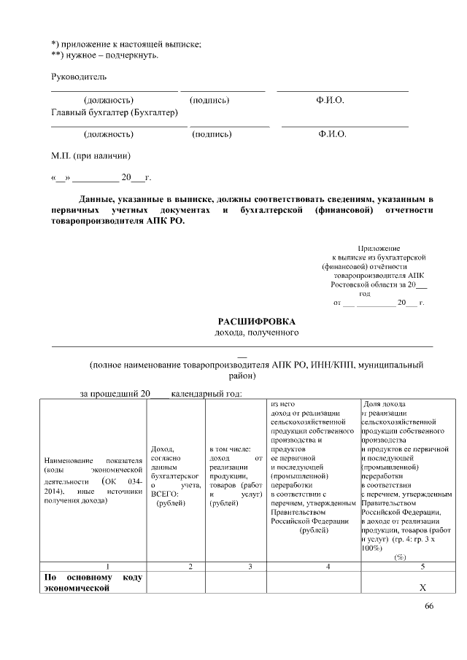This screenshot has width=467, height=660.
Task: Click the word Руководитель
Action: tap(79, 77)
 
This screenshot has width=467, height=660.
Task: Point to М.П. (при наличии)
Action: tap(90, 155)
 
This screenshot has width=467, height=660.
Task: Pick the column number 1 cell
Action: tap(108, 566)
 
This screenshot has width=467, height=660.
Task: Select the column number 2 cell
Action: tap(190, 566)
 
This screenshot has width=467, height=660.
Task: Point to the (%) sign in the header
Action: tap(400, 557)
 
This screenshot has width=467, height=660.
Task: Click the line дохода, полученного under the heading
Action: tap(255, 333)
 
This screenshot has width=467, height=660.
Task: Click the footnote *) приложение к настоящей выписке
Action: tap(126, 44)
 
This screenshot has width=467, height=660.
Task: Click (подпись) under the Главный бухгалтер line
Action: tap(212, 134)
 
